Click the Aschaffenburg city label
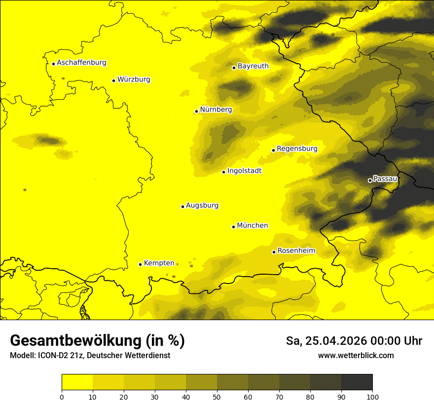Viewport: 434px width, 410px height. (81, 63)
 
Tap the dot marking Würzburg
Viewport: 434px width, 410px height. (113, 81)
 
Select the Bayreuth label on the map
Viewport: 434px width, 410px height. (253, 66)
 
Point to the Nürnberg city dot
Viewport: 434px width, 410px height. (196, 111)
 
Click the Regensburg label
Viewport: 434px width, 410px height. (297, 148)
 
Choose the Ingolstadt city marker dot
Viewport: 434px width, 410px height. (223, 172)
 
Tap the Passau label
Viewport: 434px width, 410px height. (385, 178)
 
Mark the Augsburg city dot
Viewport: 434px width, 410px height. (182, 206)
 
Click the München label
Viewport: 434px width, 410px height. (253, 225)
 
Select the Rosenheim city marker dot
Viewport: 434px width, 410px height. (274, 252)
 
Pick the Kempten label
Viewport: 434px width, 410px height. (159, 263)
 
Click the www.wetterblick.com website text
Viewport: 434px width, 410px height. (356, 355)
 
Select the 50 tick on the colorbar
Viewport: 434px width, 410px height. (217, 396)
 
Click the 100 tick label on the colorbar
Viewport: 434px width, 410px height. (372, 396)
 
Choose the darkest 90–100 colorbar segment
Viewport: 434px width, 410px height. (357, 382)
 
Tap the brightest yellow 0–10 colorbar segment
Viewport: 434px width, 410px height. (77, 382)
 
